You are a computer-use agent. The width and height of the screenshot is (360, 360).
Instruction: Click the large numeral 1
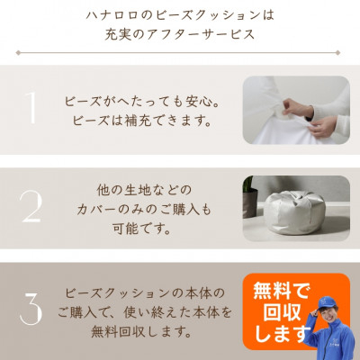pos(31,107)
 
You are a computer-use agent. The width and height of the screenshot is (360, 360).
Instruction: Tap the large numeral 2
pos(31,206)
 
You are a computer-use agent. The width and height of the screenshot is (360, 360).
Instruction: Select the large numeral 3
pos(31,307)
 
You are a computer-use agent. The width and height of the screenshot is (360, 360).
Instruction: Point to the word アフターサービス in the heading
pos(201,34)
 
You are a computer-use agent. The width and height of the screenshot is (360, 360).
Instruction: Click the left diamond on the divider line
pos(18,53)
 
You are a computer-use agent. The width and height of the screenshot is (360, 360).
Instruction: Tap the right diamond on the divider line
pos(338,53)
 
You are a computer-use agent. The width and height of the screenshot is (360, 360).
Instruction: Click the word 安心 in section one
pos(197,102)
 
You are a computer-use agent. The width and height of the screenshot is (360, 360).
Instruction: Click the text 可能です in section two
pos(142,229)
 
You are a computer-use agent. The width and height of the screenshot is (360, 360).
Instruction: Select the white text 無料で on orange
pos(280,291)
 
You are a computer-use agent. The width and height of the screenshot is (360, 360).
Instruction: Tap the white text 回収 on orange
pos(282,312)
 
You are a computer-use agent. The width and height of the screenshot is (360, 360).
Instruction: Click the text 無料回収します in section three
pos(141,332)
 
